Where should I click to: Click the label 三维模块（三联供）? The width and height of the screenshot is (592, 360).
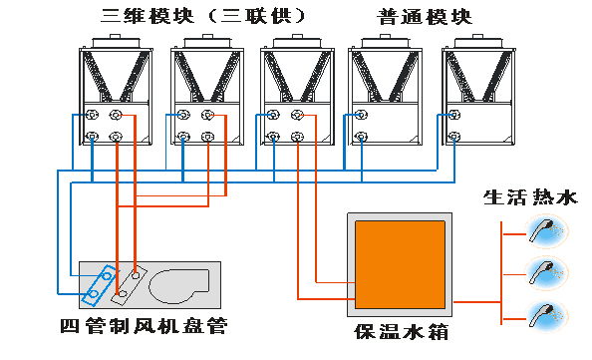202,16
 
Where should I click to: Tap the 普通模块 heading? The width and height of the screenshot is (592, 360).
425,17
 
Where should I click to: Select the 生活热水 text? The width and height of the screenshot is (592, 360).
530,197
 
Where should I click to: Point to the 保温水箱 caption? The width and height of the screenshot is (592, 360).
401,332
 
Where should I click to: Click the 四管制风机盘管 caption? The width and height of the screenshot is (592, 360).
144,326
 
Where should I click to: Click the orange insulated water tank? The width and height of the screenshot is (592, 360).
400,264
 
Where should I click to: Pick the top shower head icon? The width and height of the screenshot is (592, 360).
546,230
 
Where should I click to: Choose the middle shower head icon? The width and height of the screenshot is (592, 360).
546,273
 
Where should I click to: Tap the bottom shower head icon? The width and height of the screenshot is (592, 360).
546,316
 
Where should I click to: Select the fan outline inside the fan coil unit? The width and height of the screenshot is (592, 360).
179,286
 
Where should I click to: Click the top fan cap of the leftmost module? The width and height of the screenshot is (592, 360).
116,41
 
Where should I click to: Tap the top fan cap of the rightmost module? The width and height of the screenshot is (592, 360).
478,41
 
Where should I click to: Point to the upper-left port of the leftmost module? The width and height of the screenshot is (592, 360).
92,115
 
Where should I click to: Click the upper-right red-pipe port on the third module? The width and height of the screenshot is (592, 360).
297,115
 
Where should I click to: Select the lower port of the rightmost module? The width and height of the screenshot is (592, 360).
454,137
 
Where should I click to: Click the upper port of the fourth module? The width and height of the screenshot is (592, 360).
361,115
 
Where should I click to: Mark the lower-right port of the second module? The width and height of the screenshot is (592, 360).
207,137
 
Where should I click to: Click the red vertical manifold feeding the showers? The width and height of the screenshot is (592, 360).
501,273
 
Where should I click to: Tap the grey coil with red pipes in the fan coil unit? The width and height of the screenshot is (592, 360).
129,283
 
